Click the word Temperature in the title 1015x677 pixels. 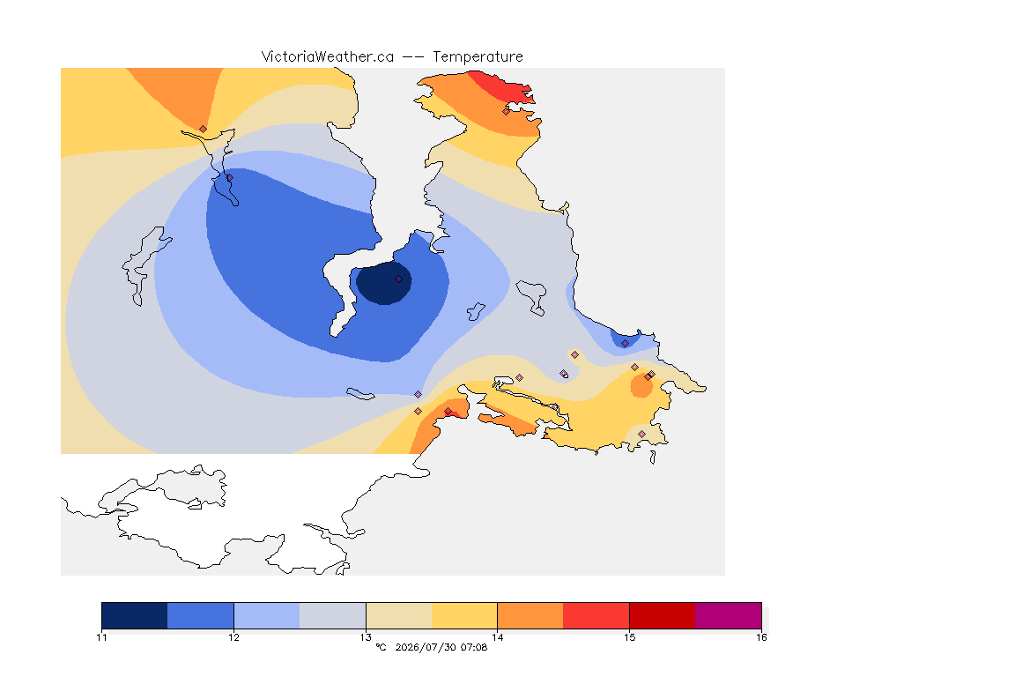tap(478, 57)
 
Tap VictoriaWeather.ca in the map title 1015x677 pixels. tap(328, 57)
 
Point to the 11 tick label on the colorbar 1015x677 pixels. tap(101, 637)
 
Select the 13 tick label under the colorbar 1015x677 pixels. tap(366, 637)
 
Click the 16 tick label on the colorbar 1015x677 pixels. tap(761, 637)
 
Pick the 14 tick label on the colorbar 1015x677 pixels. tap(497, 637)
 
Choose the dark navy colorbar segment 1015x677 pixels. tap(135, 615)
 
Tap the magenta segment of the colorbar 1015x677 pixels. tap(729, 615)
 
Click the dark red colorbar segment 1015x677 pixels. tap(663, 615)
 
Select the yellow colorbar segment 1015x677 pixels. tap(464, 615)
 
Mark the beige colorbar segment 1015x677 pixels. tap(399, 615)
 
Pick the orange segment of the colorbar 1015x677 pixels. tap(530, 615)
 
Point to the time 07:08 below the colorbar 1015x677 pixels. tap(474, 647)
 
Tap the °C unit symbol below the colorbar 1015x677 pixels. tap(381, 647)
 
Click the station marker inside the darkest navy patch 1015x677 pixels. tap(399, 279)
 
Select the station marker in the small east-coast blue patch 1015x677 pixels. tap(625, 344)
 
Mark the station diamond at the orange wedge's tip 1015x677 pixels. tap(204, 129)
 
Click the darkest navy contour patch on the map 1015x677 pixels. tap(383, 283)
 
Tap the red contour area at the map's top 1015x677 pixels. tap(501, 87)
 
